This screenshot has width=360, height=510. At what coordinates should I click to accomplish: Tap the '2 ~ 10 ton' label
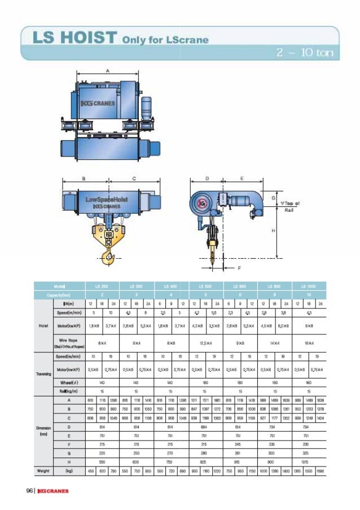[305, 53]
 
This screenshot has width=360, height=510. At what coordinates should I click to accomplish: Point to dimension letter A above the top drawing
[107, 71]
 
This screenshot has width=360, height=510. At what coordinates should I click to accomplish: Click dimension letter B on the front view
[84, 178]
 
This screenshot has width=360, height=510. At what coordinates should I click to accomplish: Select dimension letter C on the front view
[134, 178]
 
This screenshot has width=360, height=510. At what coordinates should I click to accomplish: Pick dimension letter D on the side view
[207, 178]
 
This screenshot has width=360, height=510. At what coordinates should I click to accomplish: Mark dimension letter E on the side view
[242, 178]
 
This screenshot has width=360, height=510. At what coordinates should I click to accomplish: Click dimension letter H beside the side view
[273, 230]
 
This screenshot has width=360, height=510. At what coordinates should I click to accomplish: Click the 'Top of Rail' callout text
[291, 206]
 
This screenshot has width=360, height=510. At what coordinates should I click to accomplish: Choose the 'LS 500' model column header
[207, 287]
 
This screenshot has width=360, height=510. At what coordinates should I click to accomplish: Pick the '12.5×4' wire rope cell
[207, 342]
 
